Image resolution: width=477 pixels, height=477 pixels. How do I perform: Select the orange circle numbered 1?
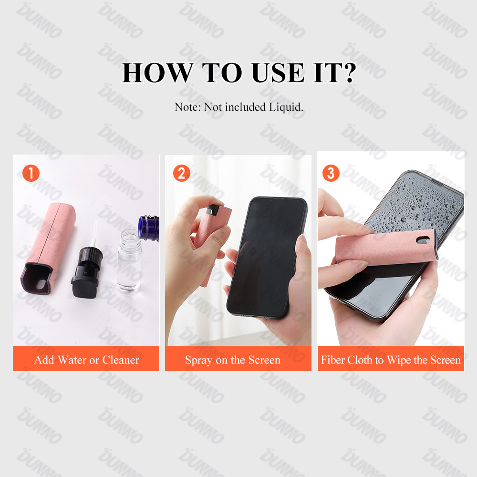click(x=31, y=173)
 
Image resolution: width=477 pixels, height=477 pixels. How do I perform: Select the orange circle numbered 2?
click(x=181, y=173)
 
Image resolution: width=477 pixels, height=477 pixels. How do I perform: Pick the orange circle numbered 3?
click(x=331, y=173)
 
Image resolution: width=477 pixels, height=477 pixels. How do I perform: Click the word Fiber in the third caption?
click(x=333, y=360)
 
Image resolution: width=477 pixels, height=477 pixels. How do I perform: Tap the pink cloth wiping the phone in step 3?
click(x=377, y=258)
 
